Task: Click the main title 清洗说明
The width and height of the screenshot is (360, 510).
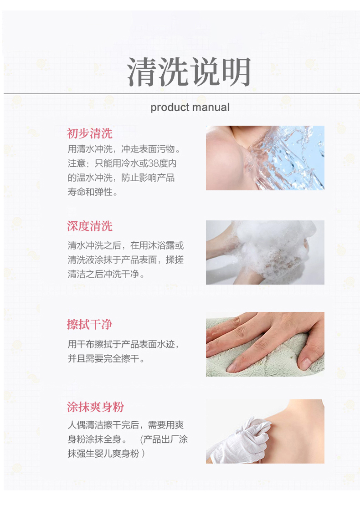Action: [x=189, y=72]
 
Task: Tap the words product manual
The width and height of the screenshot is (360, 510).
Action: [x=190, y=107]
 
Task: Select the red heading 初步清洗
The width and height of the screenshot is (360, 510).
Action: [x=90, y=133]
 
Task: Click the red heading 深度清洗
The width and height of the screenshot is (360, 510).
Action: [x=90, y=226]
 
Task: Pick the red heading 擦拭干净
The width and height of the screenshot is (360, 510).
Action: [x=90, y=324]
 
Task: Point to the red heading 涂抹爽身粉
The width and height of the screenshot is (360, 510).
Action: [x=95, y=407]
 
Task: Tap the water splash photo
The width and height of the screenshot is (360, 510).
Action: [x=265, y=158]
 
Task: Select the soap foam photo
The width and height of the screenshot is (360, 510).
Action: [x=265, y=252]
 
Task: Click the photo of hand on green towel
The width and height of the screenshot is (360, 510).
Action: [x=265, y=344]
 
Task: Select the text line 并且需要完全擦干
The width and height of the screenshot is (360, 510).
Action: [x=106, y=358]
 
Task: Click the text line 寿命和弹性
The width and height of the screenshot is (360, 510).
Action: [x=93, y=192]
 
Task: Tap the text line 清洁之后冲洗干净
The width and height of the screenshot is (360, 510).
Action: [x=106, y=274]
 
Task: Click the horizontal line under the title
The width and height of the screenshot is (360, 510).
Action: [x=182, y=94]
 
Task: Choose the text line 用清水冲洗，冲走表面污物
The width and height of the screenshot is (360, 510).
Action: [x=124, y=149]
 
